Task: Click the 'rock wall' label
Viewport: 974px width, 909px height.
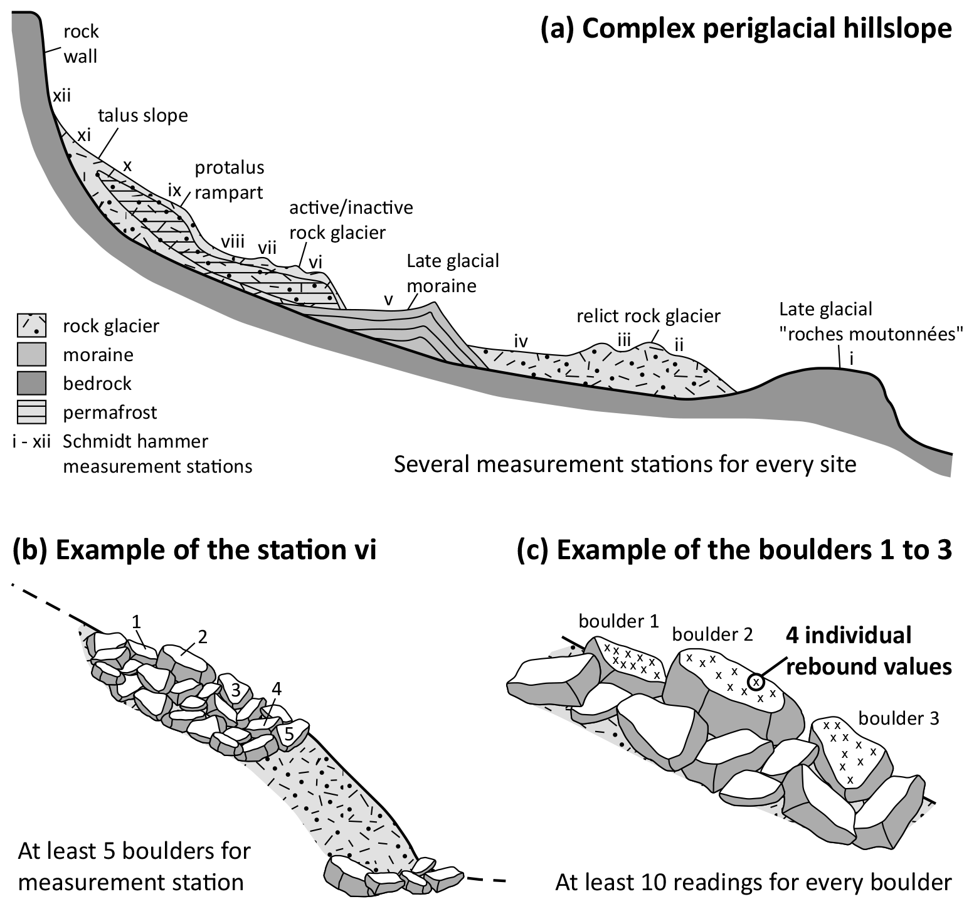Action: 81,44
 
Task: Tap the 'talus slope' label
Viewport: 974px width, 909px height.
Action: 143,116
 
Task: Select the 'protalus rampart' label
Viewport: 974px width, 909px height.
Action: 230,180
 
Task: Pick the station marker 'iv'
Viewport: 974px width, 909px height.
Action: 521,341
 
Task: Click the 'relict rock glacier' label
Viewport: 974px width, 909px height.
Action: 648,315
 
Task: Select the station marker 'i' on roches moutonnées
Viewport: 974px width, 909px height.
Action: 851,359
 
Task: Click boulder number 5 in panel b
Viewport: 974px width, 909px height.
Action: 288,733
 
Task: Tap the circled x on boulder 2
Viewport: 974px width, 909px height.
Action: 756,681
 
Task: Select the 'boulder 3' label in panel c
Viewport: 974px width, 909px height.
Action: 899,718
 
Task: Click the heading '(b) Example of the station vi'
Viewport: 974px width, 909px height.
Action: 194,550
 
